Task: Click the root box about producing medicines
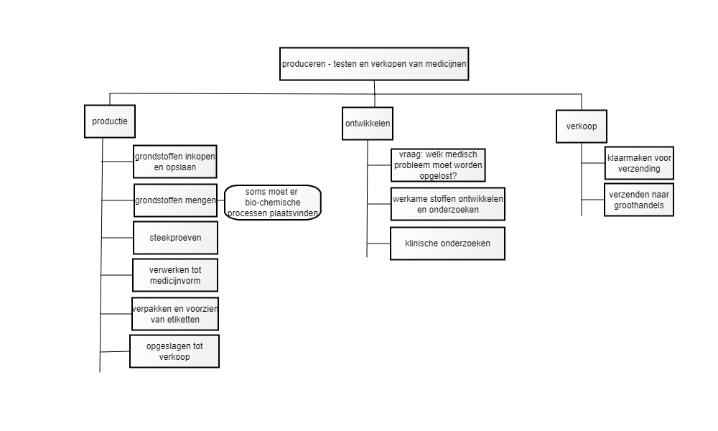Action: point(373,64)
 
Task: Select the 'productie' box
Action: point(110,121)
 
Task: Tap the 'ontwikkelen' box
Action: point(367,124)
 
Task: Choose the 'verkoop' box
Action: point(582,126)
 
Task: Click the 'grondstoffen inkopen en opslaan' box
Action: point(175,162)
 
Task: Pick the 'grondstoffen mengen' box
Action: point(175,200)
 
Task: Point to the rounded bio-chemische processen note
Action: point(273,203)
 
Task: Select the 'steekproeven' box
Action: point(175,238)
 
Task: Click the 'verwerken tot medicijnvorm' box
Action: point(175,275)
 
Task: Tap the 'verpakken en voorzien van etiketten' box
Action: point(175,314)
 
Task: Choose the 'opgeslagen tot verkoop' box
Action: point(174,351)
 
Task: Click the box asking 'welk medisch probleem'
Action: point(438,165)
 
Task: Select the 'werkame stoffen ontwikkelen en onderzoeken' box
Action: point(448,204)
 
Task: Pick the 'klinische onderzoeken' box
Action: point(447,244)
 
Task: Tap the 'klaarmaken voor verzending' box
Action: point(639,163)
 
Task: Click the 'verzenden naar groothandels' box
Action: point(639,200)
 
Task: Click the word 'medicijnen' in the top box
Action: point(446,64)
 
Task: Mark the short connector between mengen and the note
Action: point(220,200)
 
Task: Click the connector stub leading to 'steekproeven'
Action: point(117,238)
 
